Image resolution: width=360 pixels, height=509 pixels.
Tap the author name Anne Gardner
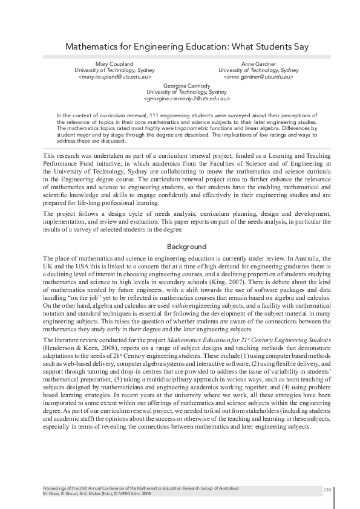point(258,64)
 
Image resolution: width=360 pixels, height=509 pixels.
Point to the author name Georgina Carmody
point(186,86)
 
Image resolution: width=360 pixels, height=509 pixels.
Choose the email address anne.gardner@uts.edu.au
point(258,77)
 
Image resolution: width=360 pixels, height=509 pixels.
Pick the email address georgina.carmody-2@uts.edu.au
point(186,99)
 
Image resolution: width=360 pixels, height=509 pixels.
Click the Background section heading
point(186,247)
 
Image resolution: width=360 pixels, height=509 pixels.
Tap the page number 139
point(327,489)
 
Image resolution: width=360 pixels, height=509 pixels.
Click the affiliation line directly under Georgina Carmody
point(186,92)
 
